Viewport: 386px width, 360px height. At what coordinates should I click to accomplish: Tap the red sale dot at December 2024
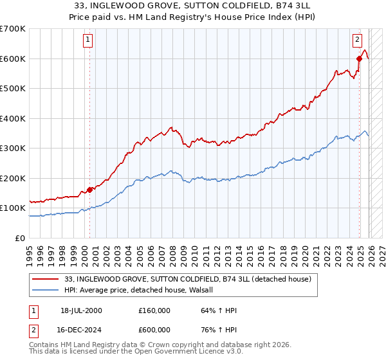(359, 59)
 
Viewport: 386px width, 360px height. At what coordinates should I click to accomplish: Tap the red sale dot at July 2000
(89, 190)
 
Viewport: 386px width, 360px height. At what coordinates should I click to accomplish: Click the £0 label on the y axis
(19, 238)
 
